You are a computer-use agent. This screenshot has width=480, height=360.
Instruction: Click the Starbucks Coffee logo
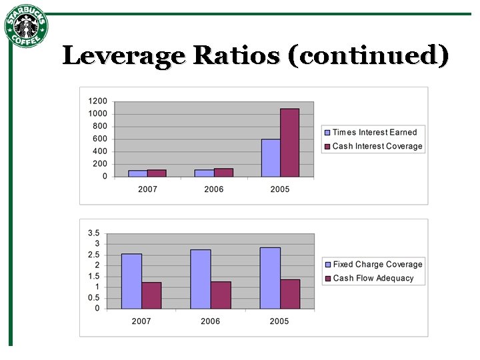coord(27,27)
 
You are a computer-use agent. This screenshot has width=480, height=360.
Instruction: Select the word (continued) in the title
coord(367,56)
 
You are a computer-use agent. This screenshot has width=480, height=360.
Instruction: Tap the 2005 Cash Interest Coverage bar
coord(289,143)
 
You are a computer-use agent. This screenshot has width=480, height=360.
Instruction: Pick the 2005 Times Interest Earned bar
coord(271,158)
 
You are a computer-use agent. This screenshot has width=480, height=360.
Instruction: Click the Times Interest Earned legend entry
coord(374,133)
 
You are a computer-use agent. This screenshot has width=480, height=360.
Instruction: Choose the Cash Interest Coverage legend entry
coord(377,146)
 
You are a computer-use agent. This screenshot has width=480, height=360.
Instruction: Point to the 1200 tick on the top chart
coord(97,101)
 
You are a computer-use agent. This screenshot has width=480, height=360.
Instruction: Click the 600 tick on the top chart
coord(100,139)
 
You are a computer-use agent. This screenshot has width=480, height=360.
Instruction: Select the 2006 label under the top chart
coord(214,189)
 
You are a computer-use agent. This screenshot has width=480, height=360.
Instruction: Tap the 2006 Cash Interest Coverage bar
coord(223,173)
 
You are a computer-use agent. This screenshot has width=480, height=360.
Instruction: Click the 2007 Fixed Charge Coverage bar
coord(131,281)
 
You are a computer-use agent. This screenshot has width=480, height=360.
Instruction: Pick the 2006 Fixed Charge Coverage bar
coord(200,279)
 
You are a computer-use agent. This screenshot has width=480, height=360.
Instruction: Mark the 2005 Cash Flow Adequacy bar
coord(289,294)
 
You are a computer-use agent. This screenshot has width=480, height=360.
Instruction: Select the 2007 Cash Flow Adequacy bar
coord(151,295)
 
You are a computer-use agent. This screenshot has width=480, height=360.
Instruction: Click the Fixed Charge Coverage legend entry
coord(377,265)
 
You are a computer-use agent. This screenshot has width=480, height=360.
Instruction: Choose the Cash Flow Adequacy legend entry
coord(373,278)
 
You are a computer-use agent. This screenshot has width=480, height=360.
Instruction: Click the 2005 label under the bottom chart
coord(279,321)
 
